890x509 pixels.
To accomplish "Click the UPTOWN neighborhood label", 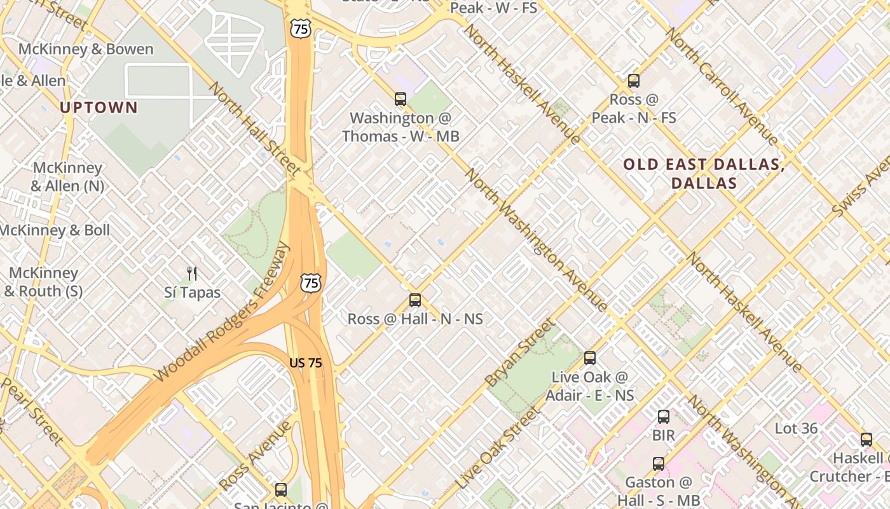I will click(99, 108).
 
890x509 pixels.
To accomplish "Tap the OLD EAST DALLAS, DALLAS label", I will click(704, 174).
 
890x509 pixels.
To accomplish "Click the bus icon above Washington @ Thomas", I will click(400, 99).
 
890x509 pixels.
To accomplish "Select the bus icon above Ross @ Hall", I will click(415, 300).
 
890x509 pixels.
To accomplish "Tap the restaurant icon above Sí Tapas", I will click(192, 274).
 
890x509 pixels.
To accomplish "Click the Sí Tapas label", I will click(192, 293).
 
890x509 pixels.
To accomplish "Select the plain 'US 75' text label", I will click(305, 363).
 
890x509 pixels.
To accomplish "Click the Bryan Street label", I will click(519, 354).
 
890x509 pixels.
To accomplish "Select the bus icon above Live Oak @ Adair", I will click(590, 358).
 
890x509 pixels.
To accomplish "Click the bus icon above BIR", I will click(663, 417).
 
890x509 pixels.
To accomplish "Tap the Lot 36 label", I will click(796, 428).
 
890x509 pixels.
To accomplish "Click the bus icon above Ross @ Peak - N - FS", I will click(633, 81).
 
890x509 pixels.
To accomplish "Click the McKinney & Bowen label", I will click(86, 49).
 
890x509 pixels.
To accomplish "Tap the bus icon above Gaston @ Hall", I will click(658, 463).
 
